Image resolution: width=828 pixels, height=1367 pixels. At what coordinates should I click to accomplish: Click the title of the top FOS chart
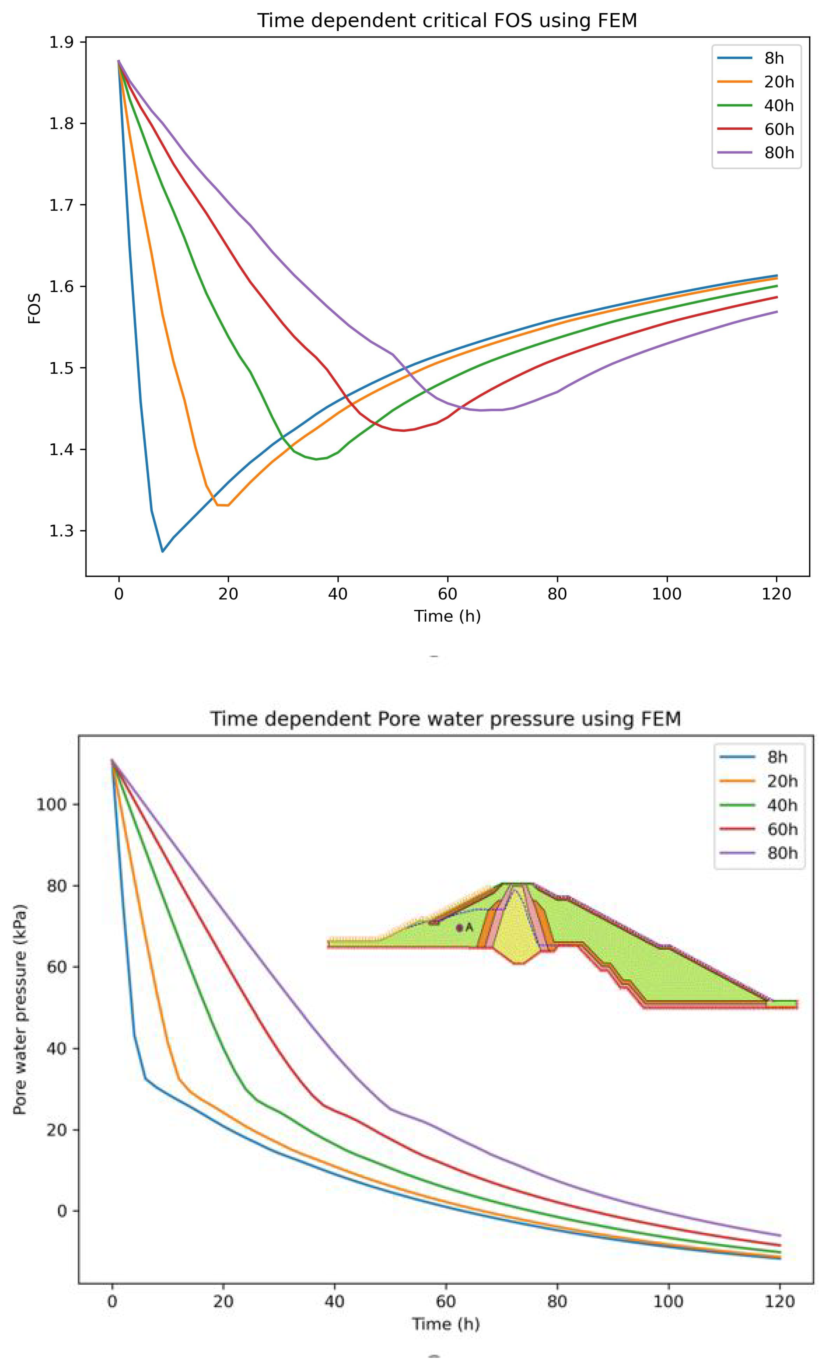(447, 21)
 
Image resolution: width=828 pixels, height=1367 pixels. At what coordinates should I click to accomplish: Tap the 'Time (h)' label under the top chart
(447, 616)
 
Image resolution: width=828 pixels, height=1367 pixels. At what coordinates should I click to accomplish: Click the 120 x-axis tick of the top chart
(776, 594)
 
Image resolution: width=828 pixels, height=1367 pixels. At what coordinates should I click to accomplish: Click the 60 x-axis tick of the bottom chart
(446, 1301)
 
